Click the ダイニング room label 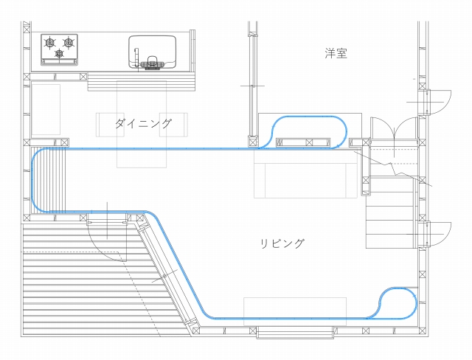[x=143, y=123]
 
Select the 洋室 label [x=336, y=54]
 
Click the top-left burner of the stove [x=51, y=43]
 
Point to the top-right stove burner [x=69, y=43]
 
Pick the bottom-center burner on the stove [x=60, y=54]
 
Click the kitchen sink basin [x=153, y=49]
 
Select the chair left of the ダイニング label [x=105, y=124]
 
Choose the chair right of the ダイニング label [x=181, y=124]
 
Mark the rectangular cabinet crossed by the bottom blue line [x=295, y=310]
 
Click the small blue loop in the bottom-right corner [x=398, y=302]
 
